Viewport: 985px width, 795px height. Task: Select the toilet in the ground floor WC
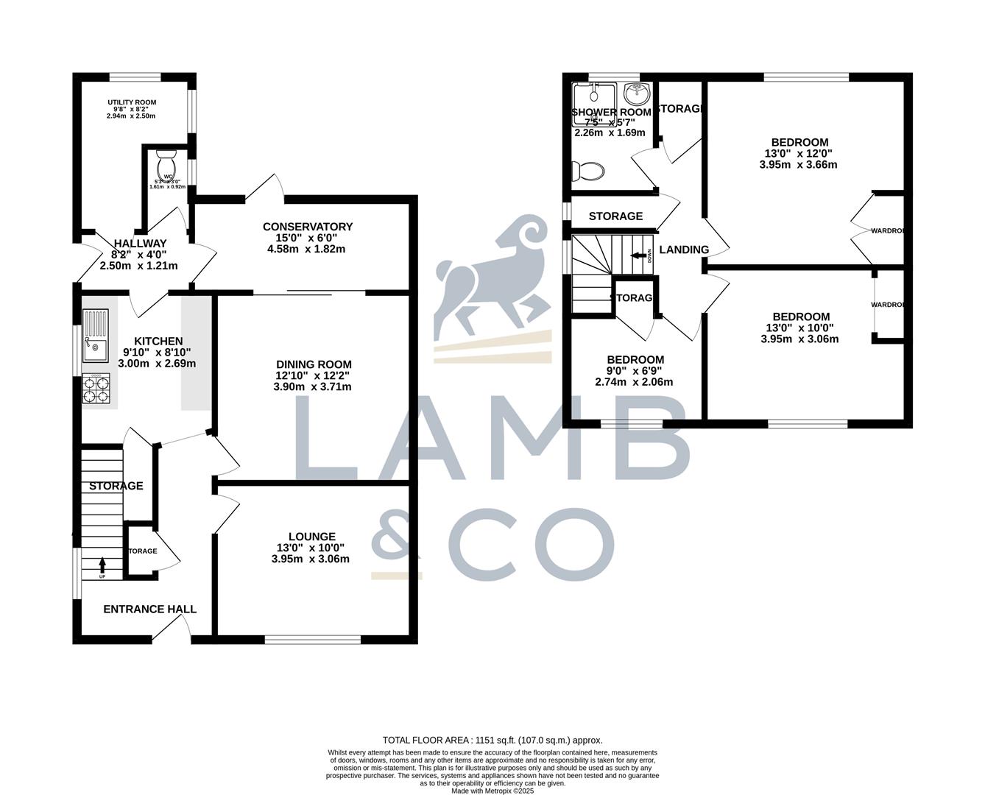click(166, 161)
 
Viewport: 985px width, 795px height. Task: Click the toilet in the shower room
click(588, 172)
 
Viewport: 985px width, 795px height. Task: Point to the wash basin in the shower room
click(636, 94)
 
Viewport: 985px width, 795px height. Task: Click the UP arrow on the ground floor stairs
click(102, 566)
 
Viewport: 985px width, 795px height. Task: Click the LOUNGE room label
click(312, 537)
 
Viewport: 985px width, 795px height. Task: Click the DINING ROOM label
click(314, 364)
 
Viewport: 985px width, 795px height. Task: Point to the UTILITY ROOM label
click(132, 102)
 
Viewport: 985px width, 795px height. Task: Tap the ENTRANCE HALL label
click(149, 609)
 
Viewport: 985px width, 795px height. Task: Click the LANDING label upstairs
click(683, 250)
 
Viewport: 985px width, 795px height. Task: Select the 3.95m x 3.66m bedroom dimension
click(799, 165)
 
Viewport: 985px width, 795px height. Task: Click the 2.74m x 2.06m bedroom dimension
click(634, 382)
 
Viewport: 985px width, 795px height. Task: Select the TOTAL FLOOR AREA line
click(492, 740)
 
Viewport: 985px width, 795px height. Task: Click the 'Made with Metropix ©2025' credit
click(492, 791)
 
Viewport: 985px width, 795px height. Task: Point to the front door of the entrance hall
click(172, 629)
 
